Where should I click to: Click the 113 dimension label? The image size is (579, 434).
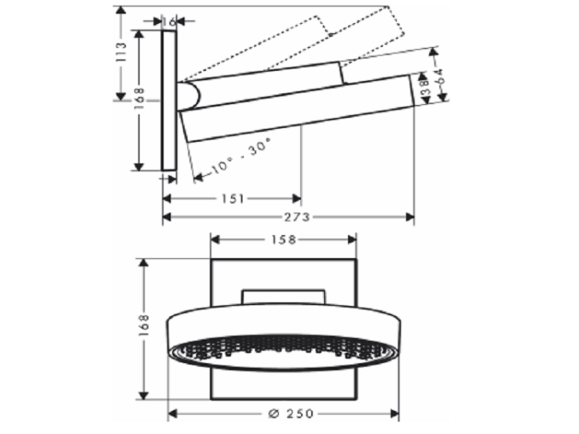tap(120, 52)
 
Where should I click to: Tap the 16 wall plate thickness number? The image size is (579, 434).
tap(170, 22)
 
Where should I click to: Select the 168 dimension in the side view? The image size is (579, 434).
tap(139, 98)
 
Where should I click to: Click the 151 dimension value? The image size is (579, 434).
tap(233, 199)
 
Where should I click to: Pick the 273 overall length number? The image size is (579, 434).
tap(297, 217)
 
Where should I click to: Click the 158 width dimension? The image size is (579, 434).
tap(284, 240)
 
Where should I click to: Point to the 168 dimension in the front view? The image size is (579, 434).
tap(144, 325)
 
